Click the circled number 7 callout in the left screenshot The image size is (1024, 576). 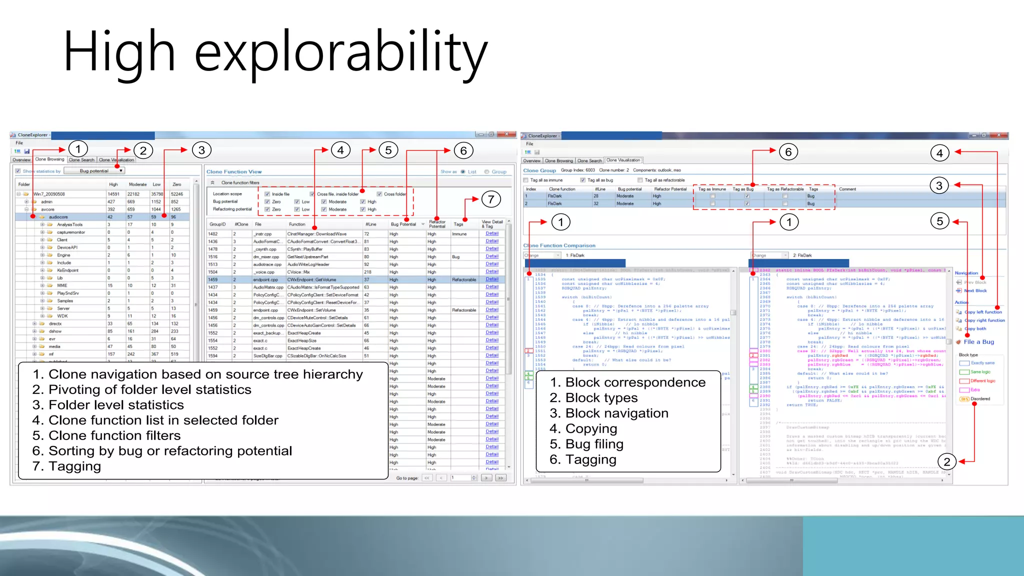[491, 199]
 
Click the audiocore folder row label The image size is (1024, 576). [58, 217]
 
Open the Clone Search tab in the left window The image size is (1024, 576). [81, 160]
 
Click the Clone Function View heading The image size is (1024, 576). [234, 171]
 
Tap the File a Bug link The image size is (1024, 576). [978, 342]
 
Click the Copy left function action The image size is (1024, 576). [982, 312]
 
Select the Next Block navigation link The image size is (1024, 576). [975, 290]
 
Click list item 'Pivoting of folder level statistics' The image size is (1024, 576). [149, 389]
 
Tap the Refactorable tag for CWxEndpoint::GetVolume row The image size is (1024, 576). [463, 279]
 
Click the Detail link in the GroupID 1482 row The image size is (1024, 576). [492, 233]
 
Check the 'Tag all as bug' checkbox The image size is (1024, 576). [583, 180]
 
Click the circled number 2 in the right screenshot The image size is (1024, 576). [946, 461]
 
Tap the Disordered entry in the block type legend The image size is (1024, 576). [979, 399]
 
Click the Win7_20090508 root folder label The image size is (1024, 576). [49, 194]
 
